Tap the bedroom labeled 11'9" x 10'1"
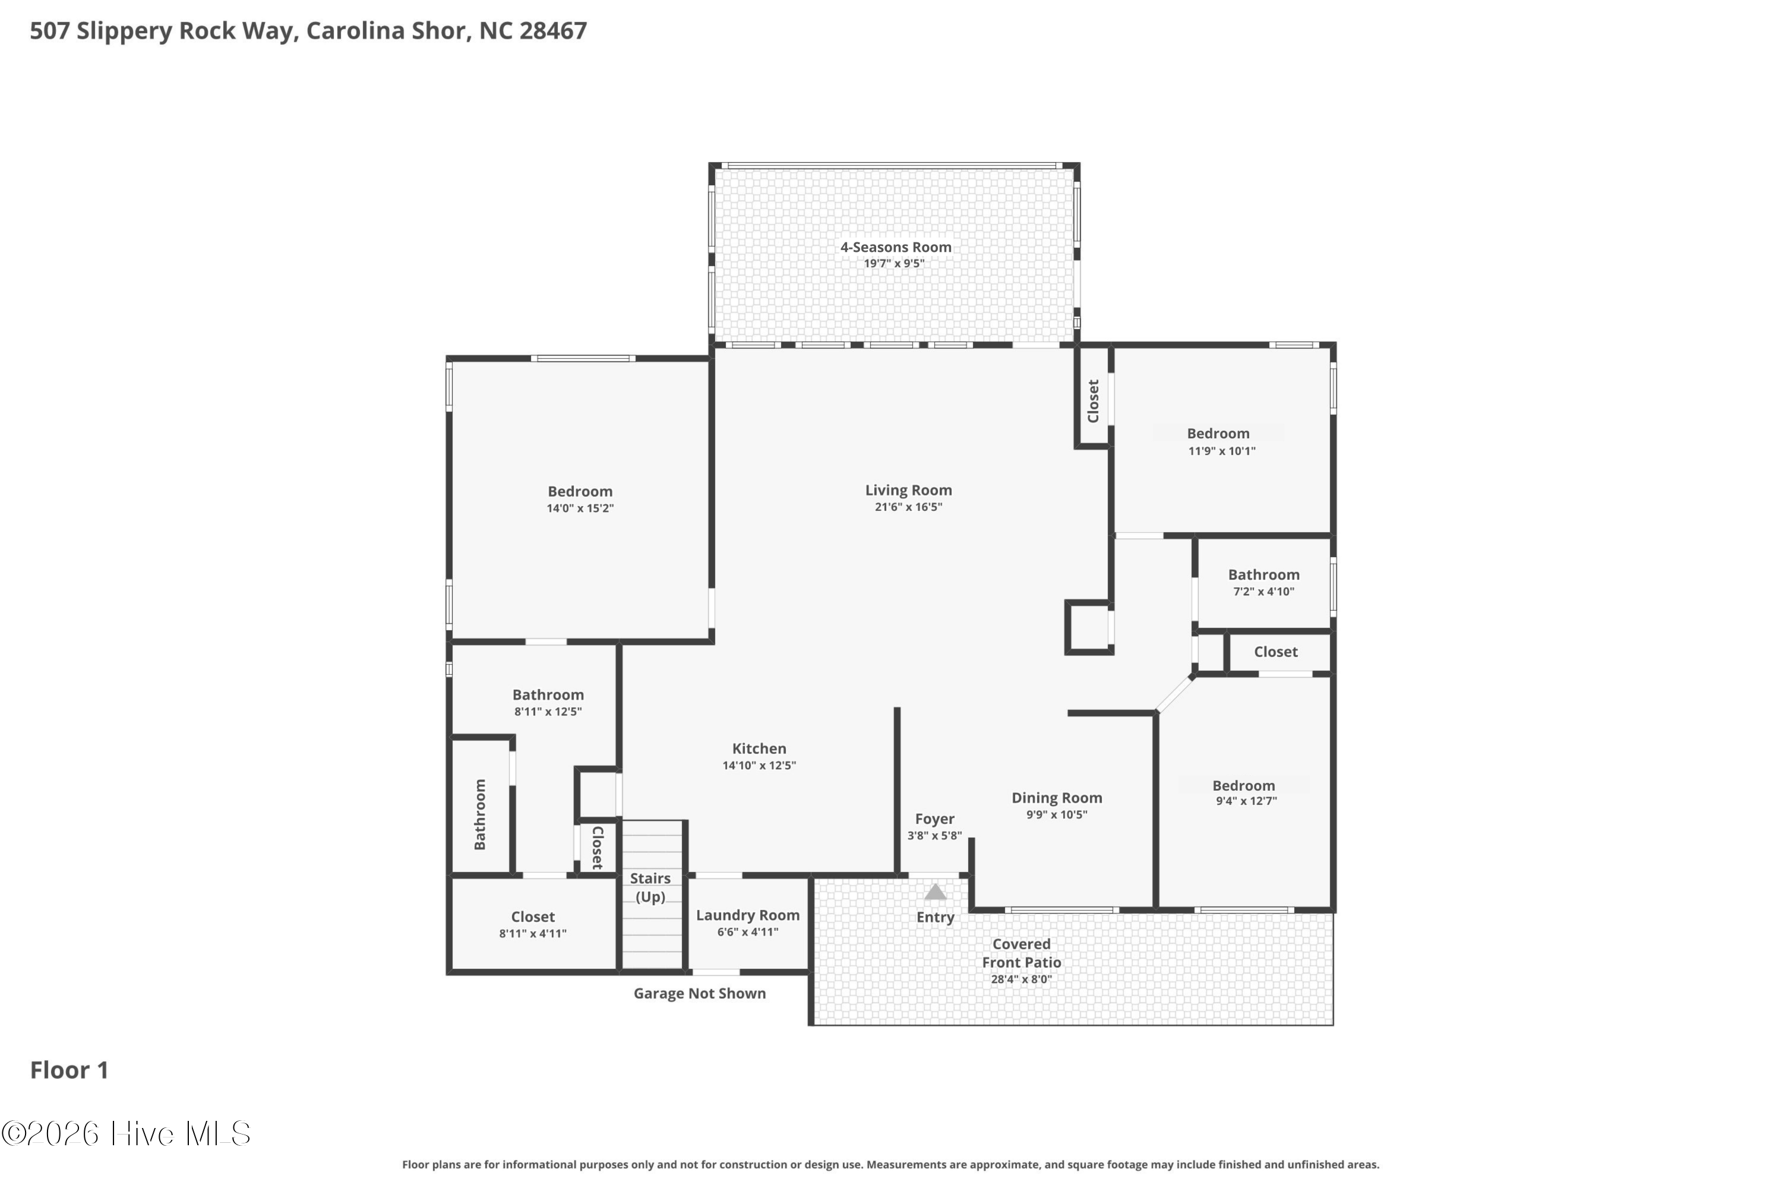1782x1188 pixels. pos(1221,442)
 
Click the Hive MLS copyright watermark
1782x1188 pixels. pos(126,1133)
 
